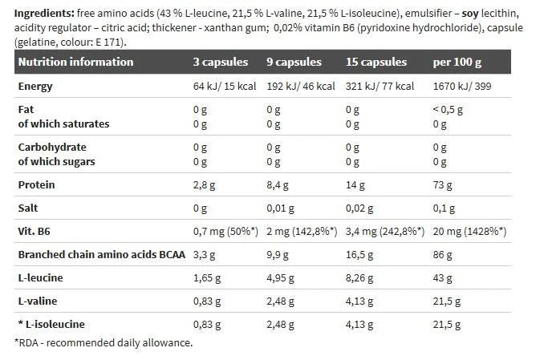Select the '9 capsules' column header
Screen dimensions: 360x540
(x=294, y=62)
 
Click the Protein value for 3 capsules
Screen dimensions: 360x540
(x=205, y=184)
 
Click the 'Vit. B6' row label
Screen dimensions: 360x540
(x=36, y=231)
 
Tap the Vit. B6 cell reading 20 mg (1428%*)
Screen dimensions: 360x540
(x=469, y=231)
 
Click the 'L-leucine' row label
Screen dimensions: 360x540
(x=41, y=277)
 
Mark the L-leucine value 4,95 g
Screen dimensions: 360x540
(x=280, y=277)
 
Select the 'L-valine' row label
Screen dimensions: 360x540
(x=38, y=301)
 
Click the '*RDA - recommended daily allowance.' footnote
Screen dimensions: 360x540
(x=104, y=342)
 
